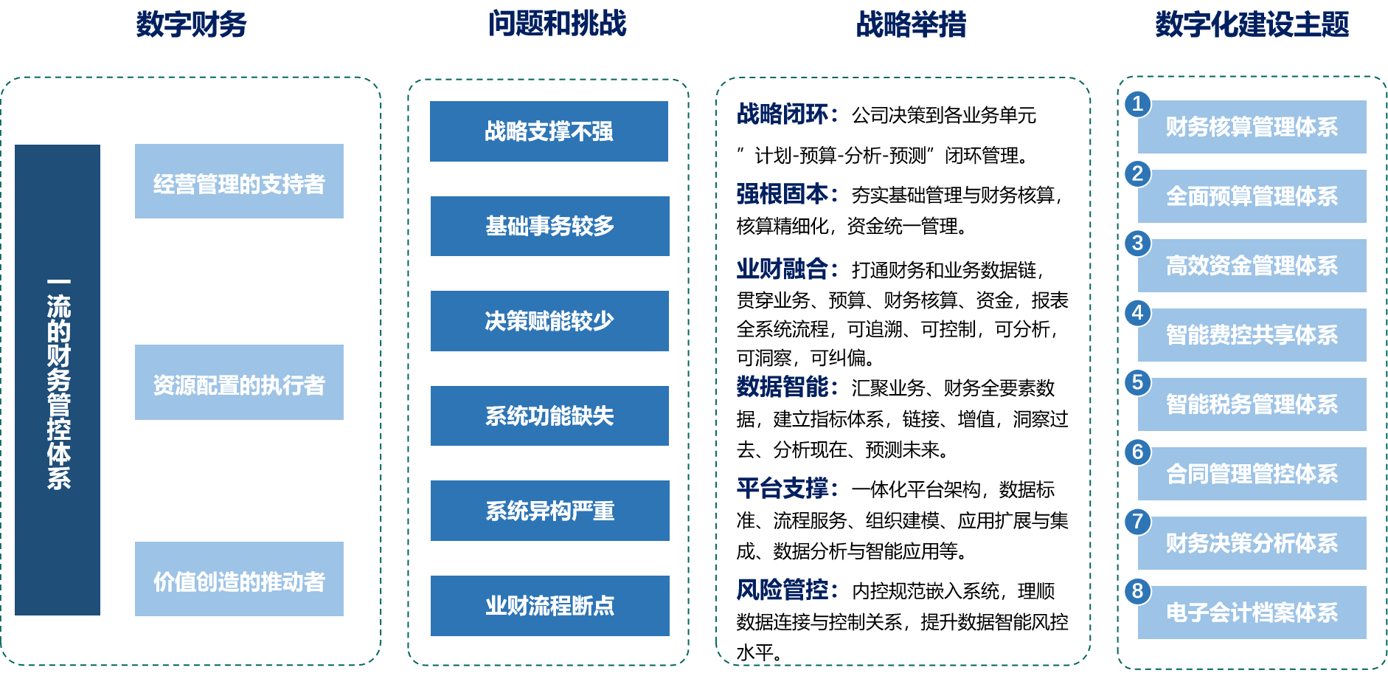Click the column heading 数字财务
coord(191,24)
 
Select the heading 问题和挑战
coord(557,24)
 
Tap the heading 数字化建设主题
coord(1252,24)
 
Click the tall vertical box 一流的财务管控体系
coord(58,380)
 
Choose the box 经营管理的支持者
coord(239,182)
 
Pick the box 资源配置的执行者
coord(239,382)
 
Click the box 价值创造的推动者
coord(239,579)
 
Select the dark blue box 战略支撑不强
coord(549,131)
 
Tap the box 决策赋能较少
coord(549,321)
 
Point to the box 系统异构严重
coord(549,511)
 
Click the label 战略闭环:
coord(787,114)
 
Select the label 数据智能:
coord(787,386)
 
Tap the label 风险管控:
coord(787,590)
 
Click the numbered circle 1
coord(1137,104)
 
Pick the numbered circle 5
coord(1137,382)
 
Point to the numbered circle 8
coord(1137,590)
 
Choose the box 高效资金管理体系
coord(1252,266)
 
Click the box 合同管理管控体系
coord(1252,474)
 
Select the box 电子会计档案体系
coord(1252,613)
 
